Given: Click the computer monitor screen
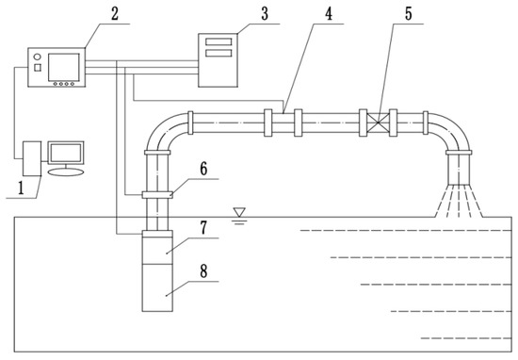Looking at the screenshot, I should (66, 154).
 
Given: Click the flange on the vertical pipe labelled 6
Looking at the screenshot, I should (157, 195).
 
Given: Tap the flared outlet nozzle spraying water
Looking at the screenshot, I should (459, 174).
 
